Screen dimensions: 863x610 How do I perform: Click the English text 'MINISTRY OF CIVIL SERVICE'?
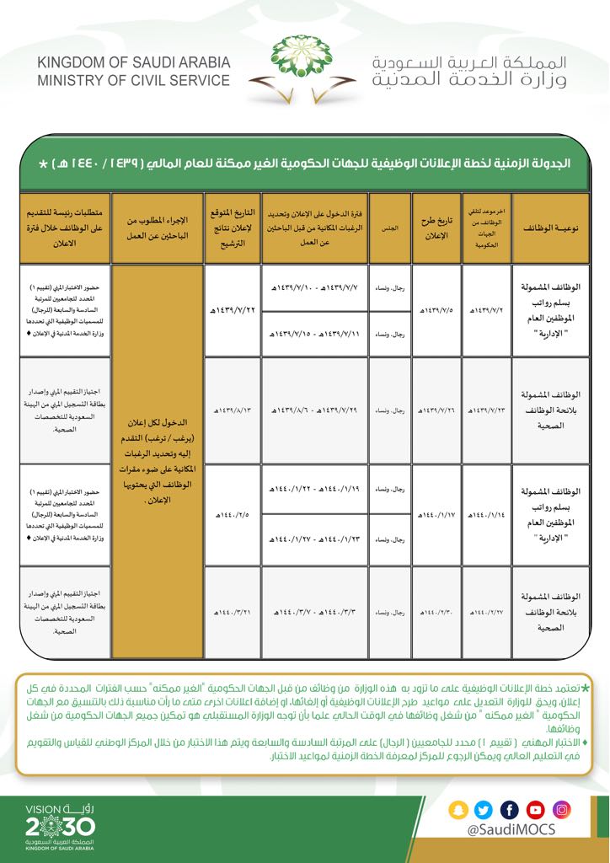(133, 81)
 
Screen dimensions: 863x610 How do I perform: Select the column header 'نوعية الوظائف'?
(546, 228)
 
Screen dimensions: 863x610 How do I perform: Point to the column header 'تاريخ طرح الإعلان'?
(436, 228)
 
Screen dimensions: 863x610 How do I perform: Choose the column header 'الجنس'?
(389, 228)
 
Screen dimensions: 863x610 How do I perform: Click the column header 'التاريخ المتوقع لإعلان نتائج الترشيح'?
(231, 228)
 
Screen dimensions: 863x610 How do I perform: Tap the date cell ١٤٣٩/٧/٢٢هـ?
(231, 311)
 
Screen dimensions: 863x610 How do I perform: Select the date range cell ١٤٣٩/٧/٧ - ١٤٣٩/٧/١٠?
(314, 289)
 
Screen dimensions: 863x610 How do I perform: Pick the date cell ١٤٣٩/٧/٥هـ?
(436, 311)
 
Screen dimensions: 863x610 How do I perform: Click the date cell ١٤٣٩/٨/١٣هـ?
(231, 410)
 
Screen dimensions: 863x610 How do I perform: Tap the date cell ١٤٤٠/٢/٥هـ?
(231, 513)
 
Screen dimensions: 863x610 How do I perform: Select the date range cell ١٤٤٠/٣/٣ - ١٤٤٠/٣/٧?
(314, 612)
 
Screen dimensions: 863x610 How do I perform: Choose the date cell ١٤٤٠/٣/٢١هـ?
(231, 612)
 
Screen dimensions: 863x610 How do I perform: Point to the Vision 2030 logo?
(56, 825)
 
